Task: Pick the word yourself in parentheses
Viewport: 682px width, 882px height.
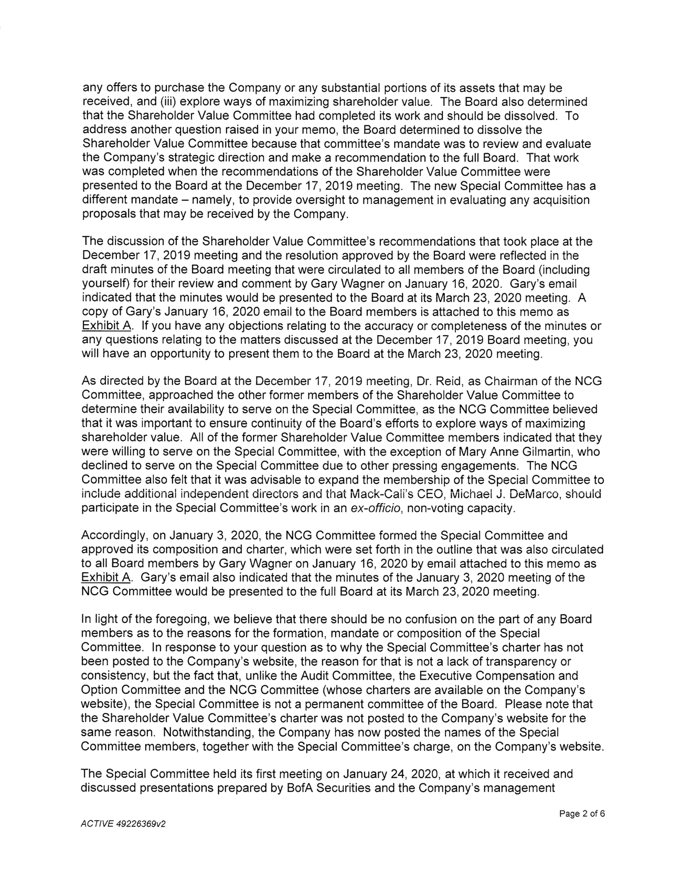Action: [x=105, y=284]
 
